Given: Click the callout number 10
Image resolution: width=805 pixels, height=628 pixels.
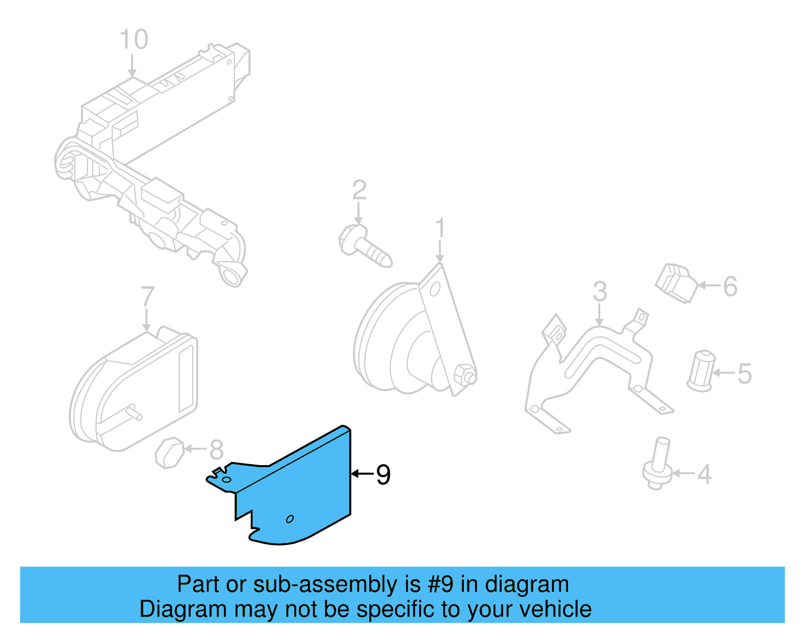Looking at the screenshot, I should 134,39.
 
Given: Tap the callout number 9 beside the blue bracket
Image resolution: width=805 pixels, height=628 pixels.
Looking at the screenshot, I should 383,475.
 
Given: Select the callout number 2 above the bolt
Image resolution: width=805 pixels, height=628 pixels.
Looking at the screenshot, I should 359,190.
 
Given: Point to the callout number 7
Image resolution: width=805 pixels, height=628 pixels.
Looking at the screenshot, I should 147,297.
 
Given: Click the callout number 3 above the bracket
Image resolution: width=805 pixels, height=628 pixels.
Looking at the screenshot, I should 600,292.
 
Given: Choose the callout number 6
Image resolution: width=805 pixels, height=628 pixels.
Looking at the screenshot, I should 731,287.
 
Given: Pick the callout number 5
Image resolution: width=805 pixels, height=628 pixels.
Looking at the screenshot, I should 745,374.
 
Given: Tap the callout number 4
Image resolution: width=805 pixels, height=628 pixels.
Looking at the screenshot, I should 704,474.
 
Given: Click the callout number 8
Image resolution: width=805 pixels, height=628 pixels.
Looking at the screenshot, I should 216,450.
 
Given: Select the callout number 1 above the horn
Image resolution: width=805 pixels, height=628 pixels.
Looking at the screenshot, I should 440,228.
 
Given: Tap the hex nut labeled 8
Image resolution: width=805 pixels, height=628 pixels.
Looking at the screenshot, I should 169,453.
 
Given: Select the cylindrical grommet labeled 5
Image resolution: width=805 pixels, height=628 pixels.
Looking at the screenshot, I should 701,371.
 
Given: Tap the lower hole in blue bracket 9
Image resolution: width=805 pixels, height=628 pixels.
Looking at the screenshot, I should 290,519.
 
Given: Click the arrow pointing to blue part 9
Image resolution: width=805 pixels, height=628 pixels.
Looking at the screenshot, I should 362,474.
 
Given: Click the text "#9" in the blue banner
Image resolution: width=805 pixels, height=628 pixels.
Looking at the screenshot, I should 441,585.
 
